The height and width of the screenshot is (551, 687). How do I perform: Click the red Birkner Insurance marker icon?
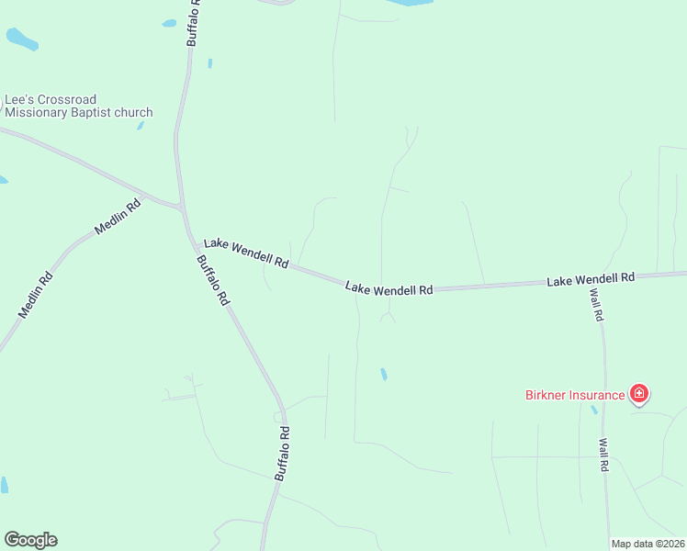[639, 395]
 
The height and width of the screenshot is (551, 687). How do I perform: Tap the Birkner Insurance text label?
[575, 396]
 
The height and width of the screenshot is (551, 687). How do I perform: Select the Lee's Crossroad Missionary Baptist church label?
[78, 106]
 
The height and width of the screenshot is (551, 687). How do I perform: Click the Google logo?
[30, 540]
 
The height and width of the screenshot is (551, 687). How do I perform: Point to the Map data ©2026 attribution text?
[648, 544]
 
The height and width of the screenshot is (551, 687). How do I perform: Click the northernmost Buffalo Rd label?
[194, 23]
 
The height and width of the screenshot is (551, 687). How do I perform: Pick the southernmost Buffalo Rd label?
[283, 453]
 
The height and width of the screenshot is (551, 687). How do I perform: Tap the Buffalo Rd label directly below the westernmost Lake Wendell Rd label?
[212, 280]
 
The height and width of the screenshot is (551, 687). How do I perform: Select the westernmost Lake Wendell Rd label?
[246, 253]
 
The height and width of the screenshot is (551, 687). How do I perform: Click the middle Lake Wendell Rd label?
[389, 289]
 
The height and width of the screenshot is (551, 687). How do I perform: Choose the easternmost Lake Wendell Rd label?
[591, 277]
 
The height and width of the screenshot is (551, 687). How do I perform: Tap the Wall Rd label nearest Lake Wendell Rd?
[596, 304]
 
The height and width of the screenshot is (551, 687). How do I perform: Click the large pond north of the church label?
[22, 39]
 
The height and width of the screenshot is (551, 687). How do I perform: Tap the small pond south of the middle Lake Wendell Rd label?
[383, 374]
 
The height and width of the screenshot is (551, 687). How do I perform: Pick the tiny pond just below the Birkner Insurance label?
[594, 410]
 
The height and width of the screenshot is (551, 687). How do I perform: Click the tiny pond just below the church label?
[141, 125]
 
